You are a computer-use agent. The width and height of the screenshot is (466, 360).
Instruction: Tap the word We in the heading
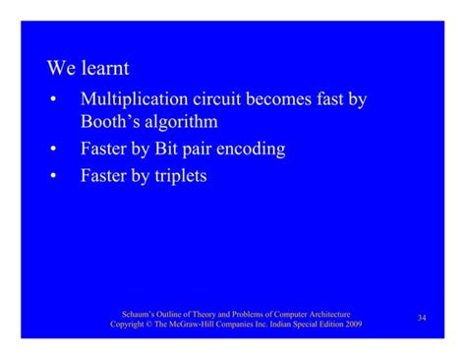pyautogui.click(x=62, y=70)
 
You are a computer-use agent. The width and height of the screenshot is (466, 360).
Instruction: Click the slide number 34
pyautogui.click(x=422, y=317)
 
